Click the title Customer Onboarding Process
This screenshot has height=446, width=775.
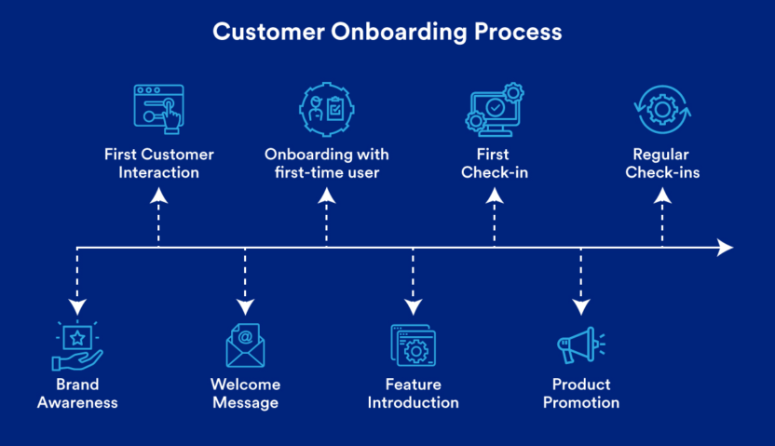(x=387, y=32)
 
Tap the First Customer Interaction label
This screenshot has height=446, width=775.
(x=158, y=163)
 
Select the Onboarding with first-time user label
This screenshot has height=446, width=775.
(x=326, y=163)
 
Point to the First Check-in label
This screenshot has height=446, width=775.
(x=495, y=163)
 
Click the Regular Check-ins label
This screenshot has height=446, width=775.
(x=662, y=163)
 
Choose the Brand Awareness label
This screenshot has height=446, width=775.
(x=77, y=393)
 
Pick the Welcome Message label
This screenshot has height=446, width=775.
(x=245, y=393)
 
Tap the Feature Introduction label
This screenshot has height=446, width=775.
(x=413, y=393)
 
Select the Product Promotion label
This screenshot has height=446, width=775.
(x=581, y=393)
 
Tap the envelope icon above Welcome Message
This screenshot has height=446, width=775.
(x=245, y=345)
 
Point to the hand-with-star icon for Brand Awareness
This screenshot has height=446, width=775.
(x=77, y=345)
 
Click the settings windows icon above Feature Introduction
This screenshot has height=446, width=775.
(x=413, y=345)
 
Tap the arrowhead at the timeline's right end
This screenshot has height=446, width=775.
(x=725, y=248)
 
